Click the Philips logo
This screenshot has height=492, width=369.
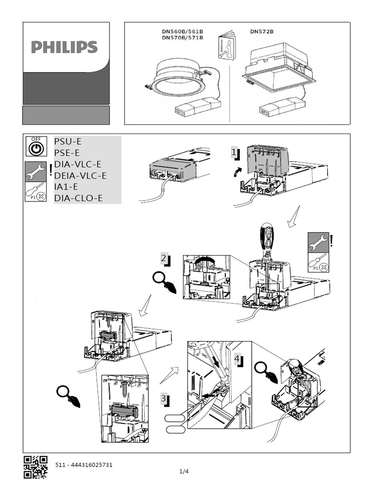pyautogui.click(x=64, y=47)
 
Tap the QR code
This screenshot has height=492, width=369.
pyautogui.click(x=36, y=467)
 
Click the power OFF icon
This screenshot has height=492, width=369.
pyautogui.click(x=36, y=147)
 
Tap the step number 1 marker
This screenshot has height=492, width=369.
pyautogui.click(x=234, y=152)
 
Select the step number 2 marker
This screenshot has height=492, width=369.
pyautogui.click(x=165, y=259)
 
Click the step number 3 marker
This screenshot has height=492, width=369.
pyautogui.click(x=164, y=399)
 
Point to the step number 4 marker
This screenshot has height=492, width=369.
pyautogui.click(x=238, y=359)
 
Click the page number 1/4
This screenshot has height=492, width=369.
pyautogui.click(x=184, y=471)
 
